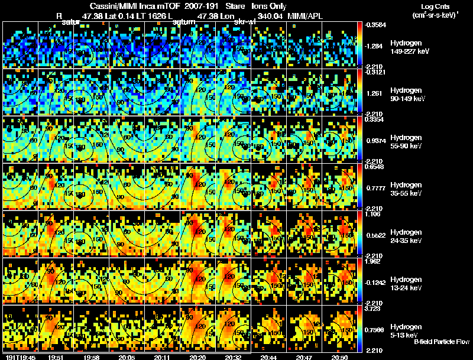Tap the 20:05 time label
coord(127,357)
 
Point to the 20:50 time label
coord(339,357)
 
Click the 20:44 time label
coord(269,357)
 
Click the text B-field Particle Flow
coord(441,342)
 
